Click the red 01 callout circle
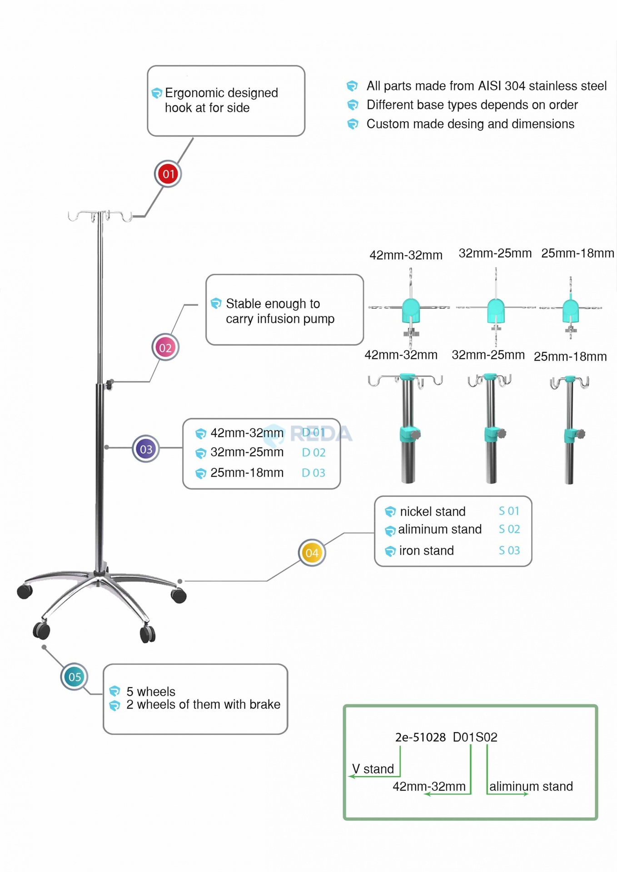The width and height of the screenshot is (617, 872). (x=168, y=174)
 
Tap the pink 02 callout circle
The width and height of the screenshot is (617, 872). (x=165, y=348)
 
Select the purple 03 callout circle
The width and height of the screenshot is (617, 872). (x=146, y=449)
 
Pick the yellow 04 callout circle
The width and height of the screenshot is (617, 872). (x=312, y=553)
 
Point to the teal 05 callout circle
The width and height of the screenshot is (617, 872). (x=75, y=677)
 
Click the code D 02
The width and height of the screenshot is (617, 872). (x=313, y=453)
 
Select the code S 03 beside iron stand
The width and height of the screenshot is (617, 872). (x=509, y=550)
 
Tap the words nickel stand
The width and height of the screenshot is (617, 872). (x=433, y=512)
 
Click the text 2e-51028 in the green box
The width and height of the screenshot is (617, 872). (x=420, y=737)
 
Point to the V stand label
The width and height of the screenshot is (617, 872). (x=373, y=769)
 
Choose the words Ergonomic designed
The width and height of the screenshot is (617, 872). (x=221, y=93)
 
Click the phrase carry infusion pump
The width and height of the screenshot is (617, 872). (x=280, y=319)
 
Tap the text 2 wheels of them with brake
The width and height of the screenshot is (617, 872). (x=203, y=704)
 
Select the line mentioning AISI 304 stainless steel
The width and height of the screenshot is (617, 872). (x=486, y=86)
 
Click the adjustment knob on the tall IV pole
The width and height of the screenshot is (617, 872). (x=109, y=385)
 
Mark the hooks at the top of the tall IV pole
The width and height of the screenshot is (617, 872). (x=100, y=216)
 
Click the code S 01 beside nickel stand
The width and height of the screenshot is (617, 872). (x=509, y=511)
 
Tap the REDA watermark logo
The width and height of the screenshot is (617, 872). (x=309, y=434)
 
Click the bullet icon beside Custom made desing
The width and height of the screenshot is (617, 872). (x=353, y=124)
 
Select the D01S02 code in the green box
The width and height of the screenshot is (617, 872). (x=475, y=737)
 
